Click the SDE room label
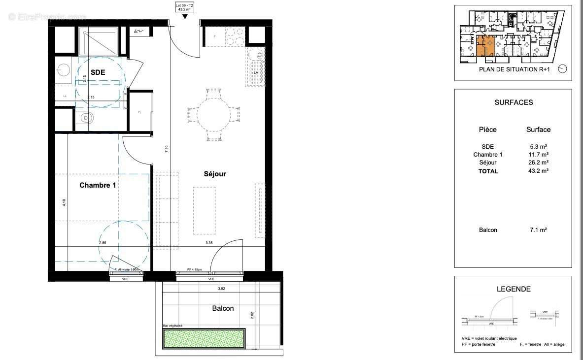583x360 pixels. [98, 72]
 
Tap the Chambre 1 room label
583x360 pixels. [98, 186]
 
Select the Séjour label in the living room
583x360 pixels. [215, 174]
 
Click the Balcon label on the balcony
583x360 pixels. [223, 308]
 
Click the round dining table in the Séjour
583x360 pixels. [214, 115]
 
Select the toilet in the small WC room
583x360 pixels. [87, 118]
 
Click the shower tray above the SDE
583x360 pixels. [99, 41]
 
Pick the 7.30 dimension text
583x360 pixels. [167, 149]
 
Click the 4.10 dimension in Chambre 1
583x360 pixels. [64, 202]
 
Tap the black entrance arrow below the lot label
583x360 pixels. [185, 17]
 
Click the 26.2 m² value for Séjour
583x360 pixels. [538, 163]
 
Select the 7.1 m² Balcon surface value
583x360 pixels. [538, 230]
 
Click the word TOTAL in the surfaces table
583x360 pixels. [488, 171]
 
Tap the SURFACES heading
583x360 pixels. [514, 102]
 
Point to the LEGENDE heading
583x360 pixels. [513, 289]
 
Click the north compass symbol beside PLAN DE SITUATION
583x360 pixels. [563, 69]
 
